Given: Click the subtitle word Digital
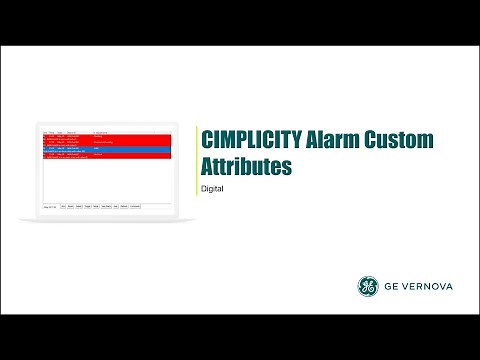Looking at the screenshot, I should click(212, 188).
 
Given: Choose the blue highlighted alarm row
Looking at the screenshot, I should click(106, 149).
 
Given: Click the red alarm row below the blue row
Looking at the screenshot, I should click(106, 156).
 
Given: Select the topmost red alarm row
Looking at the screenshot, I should click(106, 137).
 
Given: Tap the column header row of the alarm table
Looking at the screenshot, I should click(106, 132).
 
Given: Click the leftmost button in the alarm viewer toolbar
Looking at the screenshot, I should click(64, 206).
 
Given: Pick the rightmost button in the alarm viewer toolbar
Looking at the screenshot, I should click(135, 206).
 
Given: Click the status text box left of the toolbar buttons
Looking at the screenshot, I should click(49, 206).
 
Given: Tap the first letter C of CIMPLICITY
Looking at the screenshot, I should click(207, 141).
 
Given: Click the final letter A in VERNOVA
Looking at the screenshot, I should click(449, 287).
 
